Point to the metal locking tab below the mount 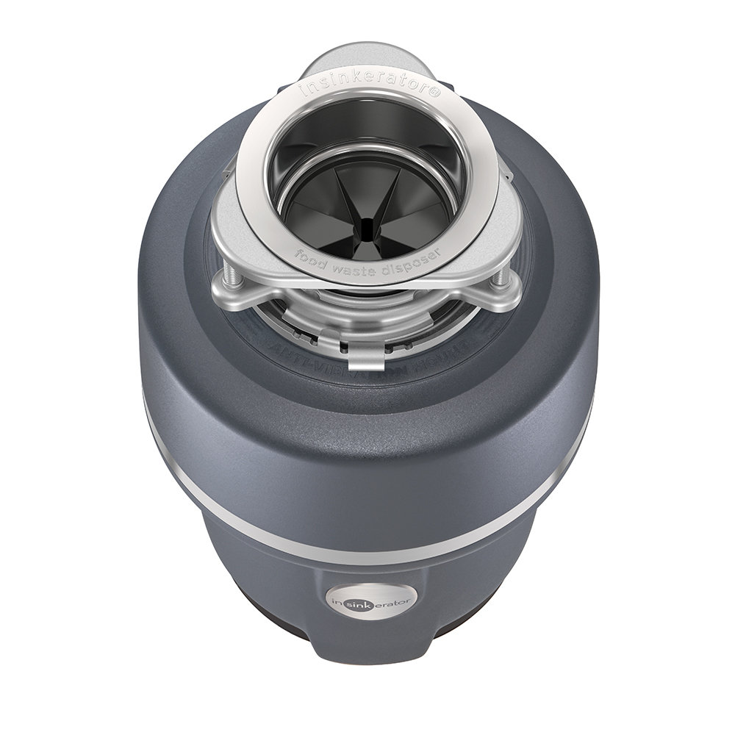pyautogui.click(x=365, y=358)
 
